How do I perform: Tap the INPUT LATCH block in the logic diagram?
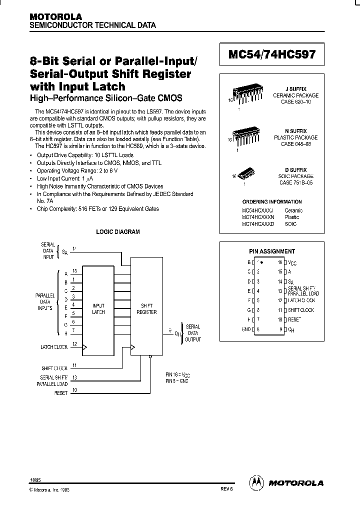tap(98, 309)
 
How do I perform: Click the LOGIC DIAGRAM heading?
tap(117, 232)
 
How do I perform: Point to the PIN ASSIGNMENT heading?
tap(272, 251)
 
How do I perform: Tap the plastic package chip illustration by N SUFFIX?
tap(246, 134)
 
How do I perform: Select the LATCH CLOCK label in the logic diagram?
tap(53, 346)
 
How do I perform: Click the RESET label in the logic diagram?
tap(60, 393)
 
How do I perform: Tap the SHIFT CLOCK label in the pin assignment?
tap(300, 310)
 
